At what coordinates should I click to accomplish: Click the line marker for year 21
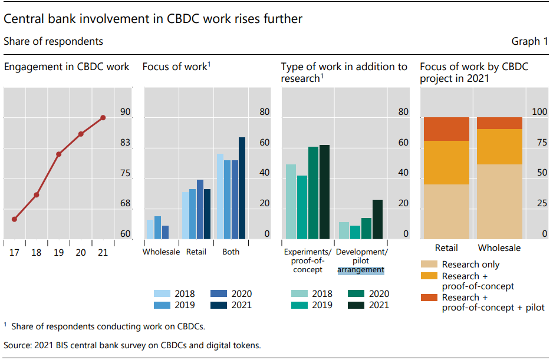pos(103,118)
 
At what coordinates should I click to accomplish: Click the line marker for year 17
pos(14,219)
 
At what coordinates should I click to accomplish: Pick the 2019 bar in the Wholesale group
pos(157,227)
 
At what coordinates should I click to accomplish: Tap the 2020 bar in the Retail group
pos(200,209)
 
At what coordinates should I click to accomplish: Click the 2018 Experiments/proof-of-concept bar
pos(291,202)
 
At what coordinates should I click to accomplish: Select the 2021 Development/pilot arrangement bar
pos(377,219)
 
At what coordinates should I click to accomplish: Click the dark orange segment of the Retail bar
pos(447,129)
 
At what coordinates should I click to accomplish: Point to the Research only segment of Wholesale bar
pos(499,202)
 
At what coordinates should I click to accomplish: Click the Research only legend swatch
pos(429,265)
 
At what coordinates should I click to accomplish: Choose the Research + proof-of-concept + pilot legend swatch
pos(429,298)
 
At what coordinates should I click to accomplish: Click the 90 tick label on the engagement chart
pos(125,112)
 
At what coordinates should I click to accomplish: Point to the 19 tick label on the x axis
pos(58,252)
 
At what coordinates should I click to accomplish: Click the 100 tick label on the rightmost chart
pos(539,112)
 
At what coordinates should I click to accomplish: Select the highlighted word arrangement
pos(361,270)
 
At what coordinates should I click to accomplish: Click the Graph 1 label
pos(529,41)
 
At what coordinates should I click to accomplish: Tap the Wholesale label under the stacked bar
pos(499,248)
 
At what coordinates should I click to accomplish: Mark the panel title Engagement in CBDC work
pos(67,67)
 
